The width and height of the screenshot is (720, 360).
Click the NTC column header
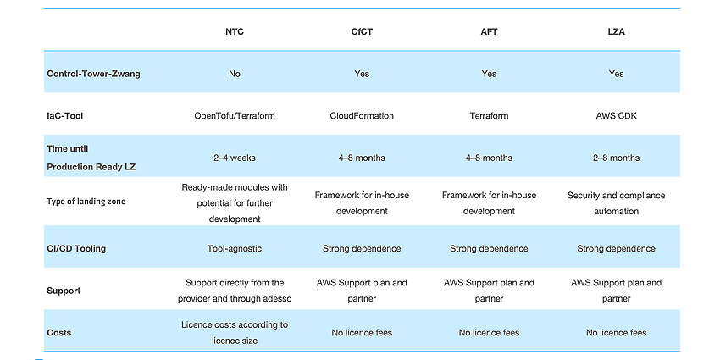[x=234, y=31]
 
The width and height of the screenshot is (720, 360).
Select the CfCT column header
[x=362, y=31]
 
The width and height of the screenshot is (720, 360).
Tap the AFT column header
[x=489, y=31]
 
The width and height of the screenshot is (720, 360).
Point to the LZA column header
[x=616, y=31]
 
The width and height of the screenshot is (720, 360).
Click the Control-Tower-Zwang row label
[x=94, y=74]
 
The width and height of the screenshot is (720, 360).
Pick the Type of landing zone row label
[x=86, y=201]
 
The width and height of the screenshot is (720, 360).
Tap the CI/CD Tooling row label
[x=76, y=249]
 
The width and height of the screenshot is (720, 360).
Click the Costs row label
[x=58, y=332]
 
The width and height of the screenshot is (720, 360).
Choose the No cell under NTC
[x=234, y=74]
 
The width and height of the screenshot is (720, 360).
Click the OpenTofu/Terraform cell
[x=234, y=116]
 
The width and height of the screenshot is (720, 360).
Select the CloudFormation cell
[x=362, y=116]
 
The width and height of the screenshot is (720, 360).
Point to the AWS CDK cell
[x=616, y=116]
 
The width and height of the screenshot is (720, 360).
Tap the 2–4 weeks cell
[x=234, y=158]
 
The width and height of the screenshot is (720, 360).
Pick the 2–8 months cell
[x=616, y=158]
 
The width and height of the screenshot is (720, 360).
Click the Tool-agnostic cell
[x=234, y=249]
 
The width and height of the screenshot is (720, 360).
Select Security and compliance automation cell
[x=616, y=203]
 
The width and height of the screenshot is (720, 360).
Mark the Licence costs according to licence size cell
[x=234, y=332]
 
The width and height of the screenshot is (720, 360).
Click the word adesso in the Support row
[x=276, y=298]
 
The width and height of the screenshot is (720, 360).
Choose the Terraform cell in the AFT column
[x=489, y=116]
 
